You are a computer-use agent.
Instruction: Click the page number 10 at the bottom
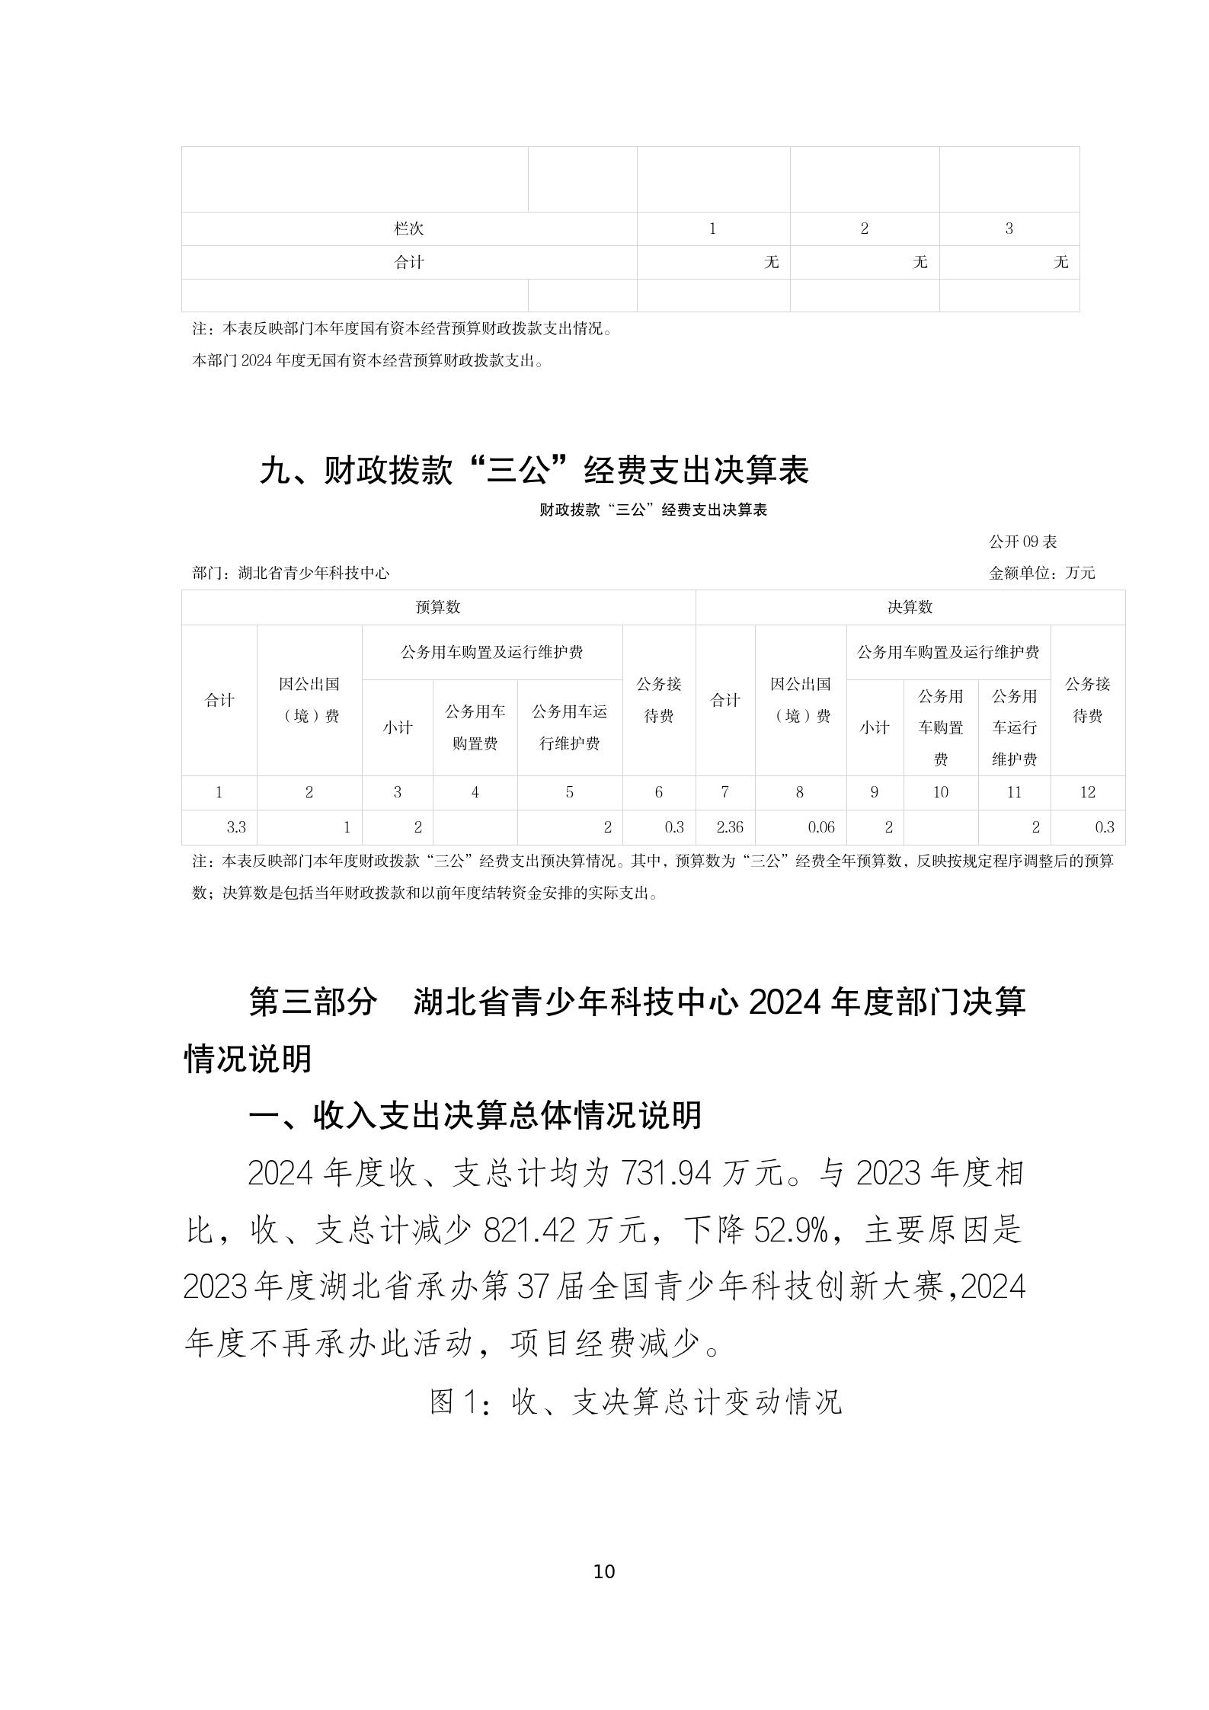pos(604,1571)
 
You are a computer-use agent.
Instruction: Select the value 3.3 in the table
pos(236,827)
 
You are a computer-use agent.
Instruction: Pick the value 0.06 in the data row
pos(821,827)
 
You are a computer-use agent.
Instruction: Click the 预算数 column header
pos(438,607)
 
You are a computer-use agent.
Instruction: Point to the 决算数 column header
pos(910,607)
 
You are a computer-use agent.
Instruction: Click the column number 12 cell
pos(1087,792)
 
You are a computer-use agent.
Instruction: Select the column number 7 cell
pos(724,792)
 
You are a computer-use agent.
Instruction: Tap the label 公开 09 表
pos(1022,542)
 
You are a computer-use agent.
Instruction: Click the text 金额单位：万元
pos(1041,573)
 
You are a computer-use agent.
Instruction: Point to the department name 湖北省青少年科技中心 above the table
pos(313,573)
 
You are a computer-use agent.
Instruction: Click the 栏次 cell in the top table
pos(408,229)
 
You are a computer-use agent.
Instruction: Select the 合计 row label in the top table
pos(408,262)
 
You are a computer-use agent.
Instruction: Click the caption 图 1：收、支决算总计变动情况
pos(635,1402)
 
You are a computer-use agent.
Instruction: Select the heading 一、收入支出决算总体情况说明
pos(475,1116)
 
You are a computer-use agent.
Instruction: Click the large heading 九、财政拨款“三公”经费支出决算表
pos(533,470)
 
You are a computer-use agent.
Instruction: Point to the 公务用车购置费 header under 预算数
pos(475,727)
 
